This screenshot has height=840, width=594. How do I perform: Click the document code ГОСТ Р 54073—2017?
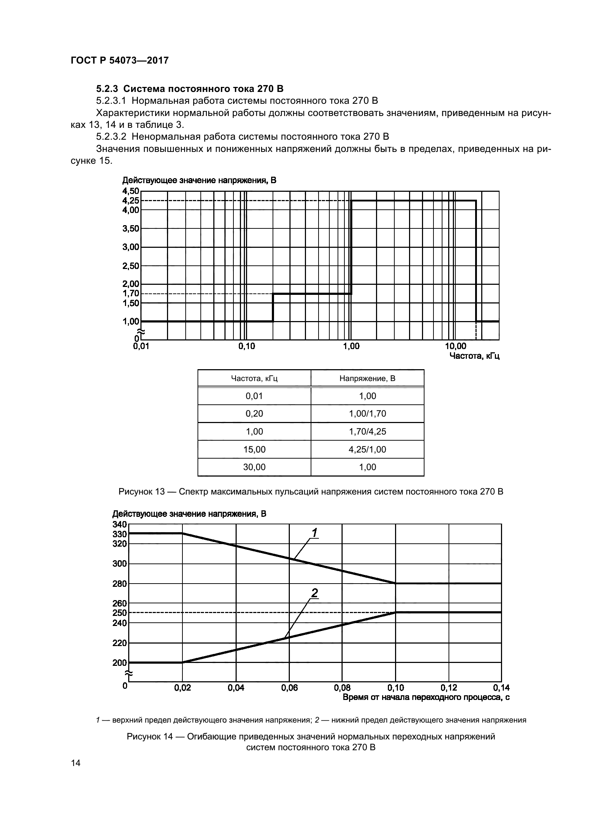(x=120, y=60)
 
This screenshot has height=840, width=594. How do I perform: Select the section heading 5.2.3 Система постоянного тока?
(x=190, y=89)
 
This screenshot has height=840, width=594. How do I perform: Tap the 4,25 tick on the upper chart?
(x=131, y=200)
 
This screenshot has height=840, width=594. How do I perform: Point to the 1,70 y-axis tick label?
(x=131, y=293)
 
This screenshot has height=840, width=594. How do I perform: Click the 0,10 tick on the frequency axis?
(x=246, y=346)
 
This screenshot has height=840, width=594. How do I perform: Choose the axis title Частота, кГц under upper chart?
(x=474, y=356)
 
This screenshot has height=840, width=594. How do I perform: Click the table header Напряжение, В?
(x=367, y=378)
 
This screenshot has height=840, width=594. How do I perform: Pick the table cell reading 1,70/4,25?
(x=367, y=431)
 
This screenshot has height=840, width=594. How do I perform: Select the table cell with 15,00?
(x=254, y=449)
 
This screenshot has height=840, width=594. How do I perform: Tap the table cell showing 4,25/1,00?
(x=367, y=449)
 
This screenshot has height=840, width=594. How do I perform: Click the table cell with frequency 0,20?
(x=254, y=413)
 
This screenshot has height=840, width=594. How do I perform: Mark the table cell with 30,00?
(x=254, y=467)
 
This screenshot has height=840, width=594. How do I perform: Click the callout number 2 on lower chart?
(x=314, y=593)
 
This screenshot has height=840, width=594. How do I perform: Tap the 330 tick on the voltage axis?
(x=119, y=534)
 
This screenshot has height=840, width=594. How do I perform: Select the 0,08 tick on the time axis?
(x=342, y=688)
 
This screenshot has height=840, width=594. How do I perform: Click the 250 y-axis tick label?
(x=119, y=613)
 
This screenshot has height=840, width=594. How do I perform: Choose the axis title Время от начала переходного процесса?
(x=426, y=698)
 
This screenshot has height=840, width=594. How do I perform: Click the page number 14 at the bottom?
(x=76, y=763)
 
